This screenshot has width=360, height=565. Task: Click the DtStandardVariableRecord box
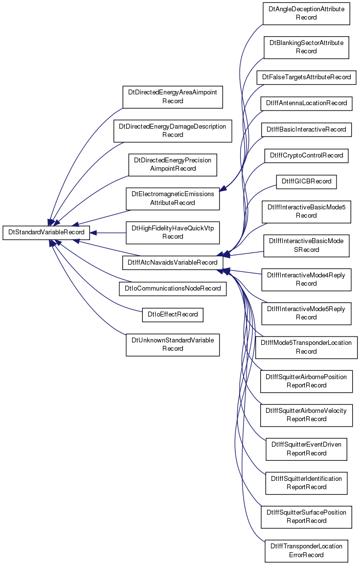[x=46, y=232]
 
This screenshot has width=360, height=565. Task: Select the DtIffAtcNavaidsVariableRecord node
[x=173, y=262]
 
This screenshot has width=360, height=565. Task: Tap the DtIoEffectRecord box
[x=173, y=315]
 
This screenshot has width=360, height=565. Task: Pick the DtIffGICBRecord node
[x=306, y=181]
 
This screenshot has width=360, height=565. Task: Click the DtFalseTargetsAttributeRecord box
[x=306, y=77]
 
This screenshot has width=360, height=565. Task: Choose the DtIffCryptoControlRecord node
[x=306, y=156]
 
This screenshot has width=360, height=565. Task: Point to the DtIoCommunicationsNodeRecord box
[x=173, y=289]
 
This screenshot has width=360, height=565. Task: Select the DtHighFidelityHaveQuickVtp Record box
[x=173, y=232]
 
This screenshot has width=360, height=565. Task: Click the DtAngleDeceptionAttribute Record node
[x=306, y=13]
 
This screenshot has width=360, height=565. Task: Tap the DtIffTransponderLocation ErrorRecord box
[x=306, y=551]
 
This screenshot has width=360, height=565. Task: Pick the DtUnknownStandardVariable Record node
[x=173, y=345]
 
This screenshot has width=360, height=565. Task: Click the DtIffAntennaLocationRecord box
[x=306, y=103]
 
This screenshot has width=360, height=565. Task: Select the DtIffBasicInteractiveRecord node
[x=306, y=130]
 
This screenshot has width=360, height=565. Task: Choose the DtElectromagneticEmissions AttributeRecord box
[x=173, y=199]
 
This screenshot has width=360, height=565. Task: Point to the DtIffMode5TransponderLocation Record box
[x=306, y=347]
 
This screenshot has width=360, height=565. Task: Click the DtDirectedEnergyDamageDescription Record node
[x=173, y=131]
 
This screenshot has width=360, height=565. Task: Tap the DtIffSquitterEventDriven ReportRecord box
[x=306, y=449]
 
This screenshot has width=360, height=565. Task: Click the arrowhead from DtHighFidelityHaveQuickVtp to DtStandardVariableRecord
[x=93, y=233]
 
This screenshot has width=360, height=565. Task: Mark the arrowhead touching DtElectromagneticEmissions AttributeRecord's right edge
[x=223, y=188]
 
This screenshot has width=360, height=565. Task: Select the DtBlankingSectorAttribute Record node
[x=306, y=47]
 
